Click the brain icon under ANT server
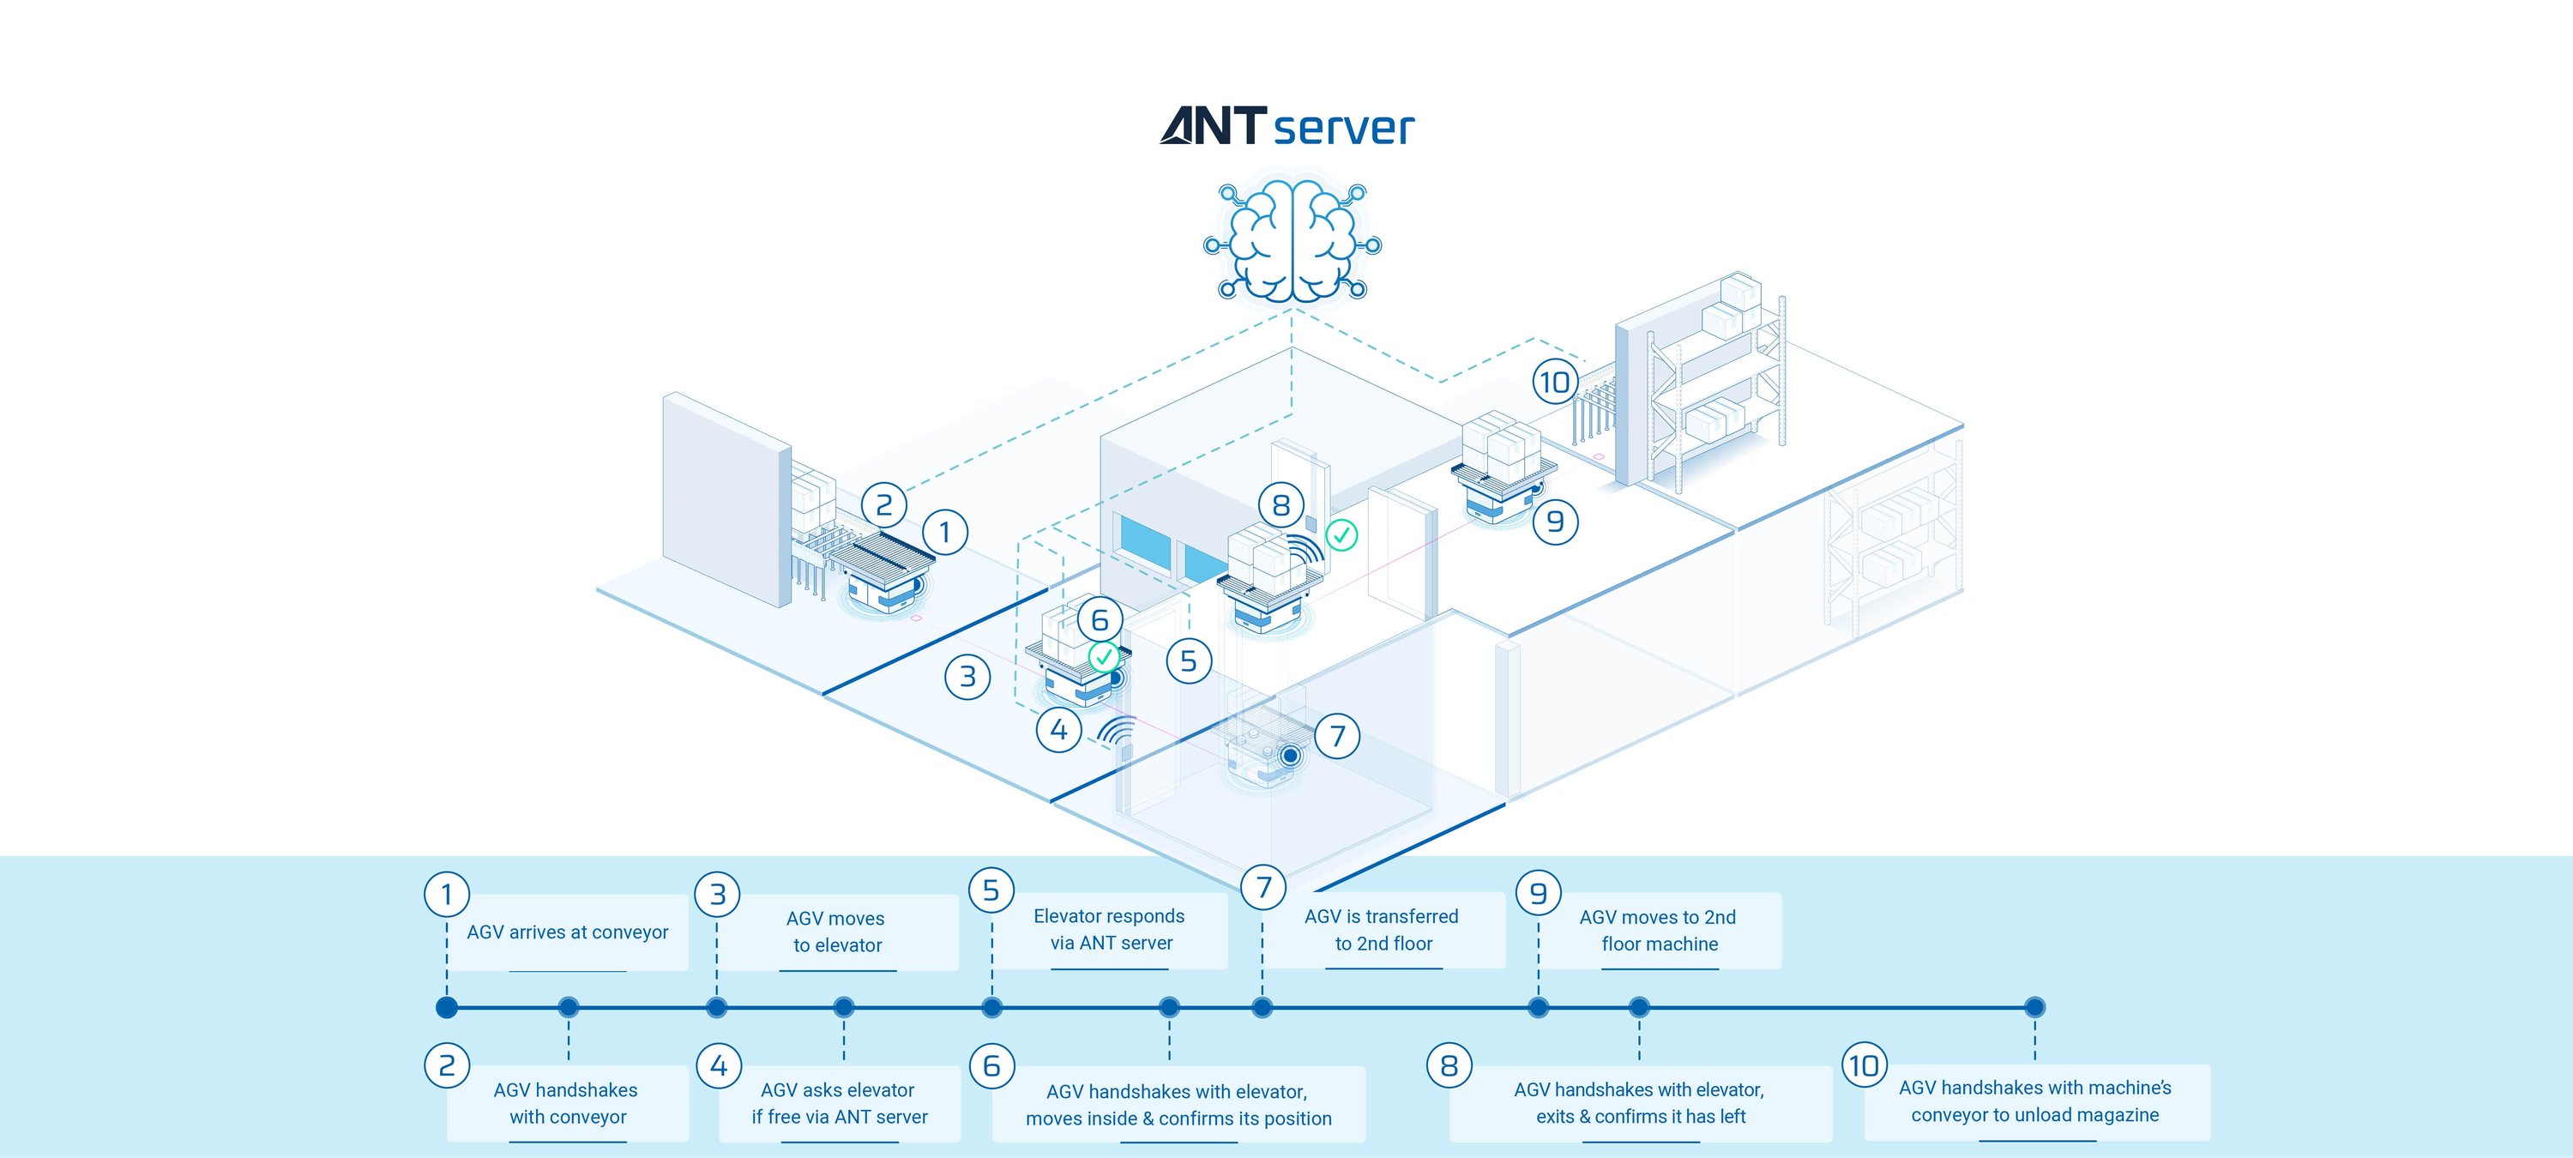coord(1293,242)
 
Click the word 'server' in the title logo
coord(1343,128)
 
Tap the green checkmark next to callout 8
coord(1341,535)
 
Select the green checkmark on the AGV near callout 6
coord(1103,657)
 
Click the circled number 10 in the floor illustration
coord(1555,382)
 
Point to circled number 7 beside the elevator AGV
coord(1337,736)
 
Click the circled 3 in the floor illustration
coord(967,677)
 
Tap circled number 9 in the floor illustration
coord(1555,522)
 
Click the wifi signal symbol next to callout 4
coord(1117,733)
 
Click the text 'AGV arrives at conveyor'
coord(567,932)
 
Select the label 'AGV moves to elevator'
coord(837,932)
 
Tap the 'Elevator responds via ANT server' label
coord(1110,929)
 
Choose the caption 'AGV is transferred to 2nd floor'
coord(1383,929)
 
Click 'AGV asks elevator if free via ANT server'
coord(839,1103)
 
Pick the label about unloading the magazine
coord(2035,1101)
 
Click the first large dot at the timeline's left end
coord(447,1007)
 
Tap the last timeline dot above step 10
coord(2034,1007)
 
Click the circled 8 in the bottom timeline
coord(1449,1066)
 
